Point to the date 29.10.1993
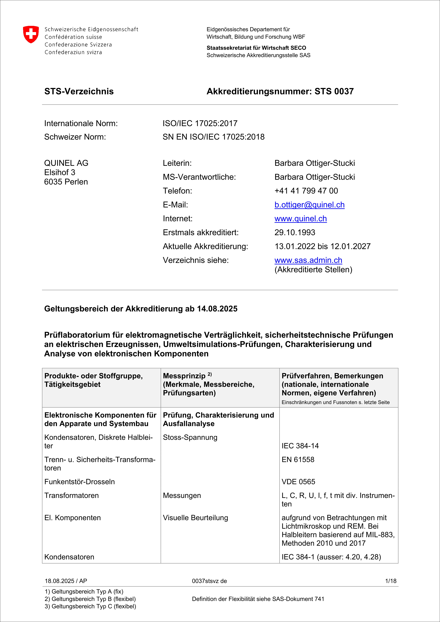[295, 232]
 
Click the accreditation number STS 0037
[334, 92]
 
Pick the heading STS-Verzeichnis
[79, 92]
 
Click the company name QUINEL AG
[66, 163]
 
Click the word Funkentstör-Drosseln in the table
[79, 482]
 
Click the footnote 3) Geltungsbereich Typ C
[90, 606]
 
